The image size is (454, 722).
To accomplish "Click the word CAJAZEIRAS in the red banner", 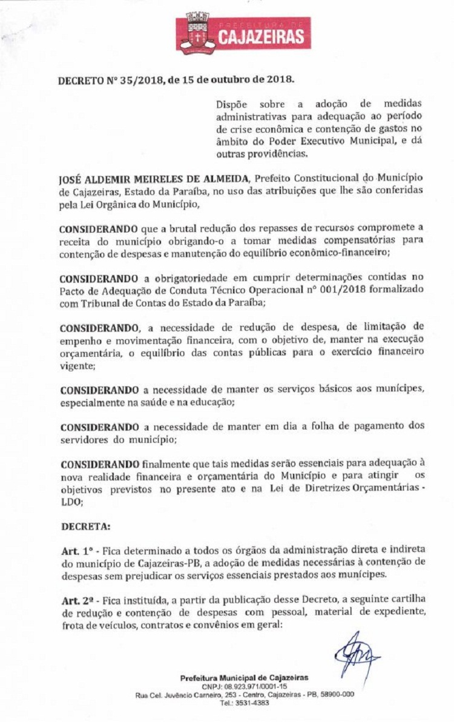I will coord(261,38).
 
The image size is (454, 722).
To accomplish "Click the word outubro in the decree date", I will coord(235,79).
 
